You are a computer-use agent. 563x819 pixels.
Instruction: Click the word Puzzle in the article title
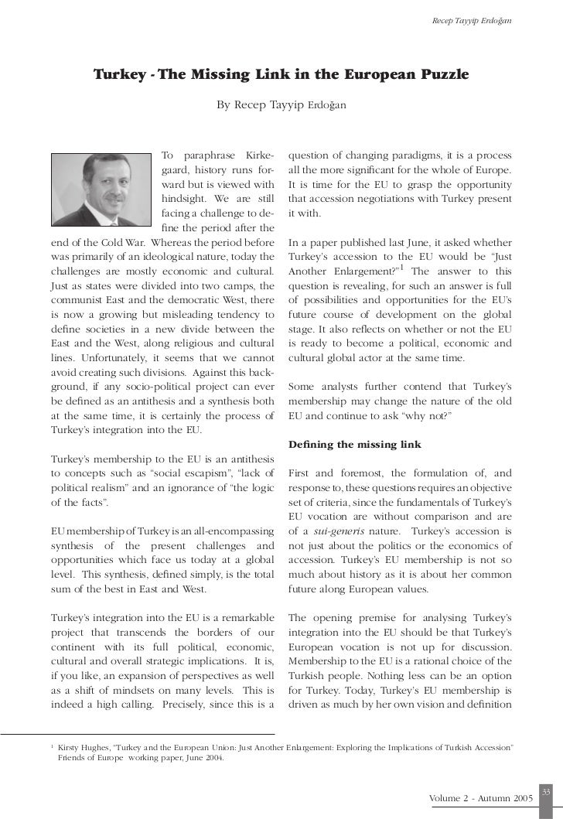[438, 75]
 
